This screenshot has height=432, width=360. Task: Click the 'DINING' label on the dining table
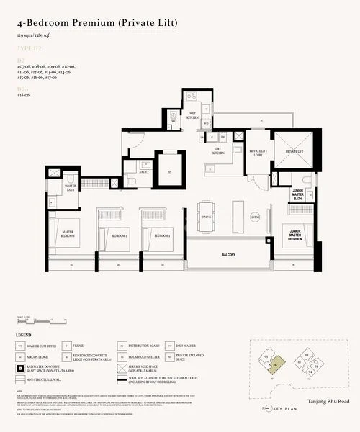(206, 217)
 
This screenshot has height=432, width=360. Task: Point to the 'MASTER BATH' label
(70, 187)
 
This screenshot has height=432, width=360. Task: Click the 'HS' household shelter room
(169, 171)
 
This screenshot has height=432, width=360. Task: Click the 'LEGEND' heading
(23, 336)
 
